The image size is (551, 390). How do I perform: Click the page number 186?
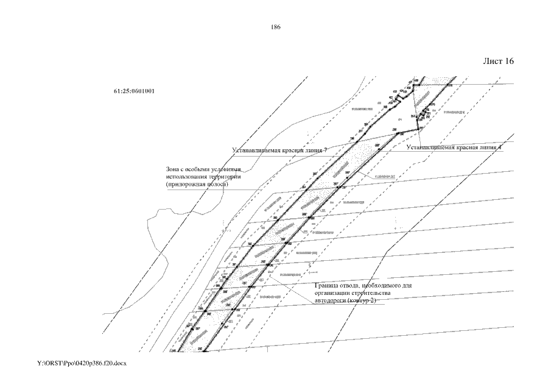tap(275, 27)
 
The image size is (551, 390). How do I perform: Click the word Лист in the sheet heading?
tap(492, 62)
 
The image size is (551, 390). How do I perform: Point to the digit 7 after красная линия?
tap(326, 149)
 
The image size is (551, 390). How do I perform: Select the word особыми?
tap(197, 169)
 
